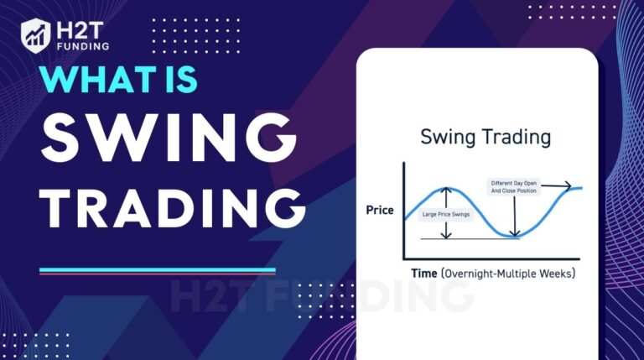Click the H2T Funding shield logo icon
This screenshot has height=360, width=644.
(x=36, y=34)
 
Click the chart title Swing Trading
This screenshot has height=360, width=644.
(x=473, y=136)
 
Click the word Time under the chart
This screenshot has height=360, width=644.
(x=423, y=274)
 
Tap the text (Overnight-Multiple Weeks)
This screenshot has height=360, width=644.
(x=509, y=274)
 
